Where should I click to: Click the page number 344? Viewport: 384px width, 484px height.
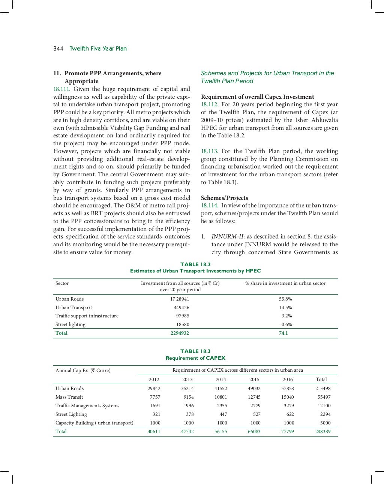[x=58, y=49]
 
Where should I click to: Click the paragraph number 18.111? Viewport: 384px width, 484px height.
[x=62, y=89]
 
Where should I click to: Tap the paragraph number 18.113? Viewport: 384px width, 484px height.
[x=209, y=151]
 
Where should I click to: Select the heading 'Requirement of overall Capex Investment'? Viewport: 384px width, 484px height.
[x=257, y=97]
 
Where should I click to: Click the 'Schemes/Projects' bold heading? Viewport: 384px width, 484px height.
[x=224, y=198]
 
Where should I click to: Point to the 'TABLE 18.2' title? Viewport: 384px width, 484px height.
[x=195, y=264]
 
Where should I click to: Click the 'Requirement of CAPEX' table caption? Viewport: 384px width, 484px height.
[x=195, y=358]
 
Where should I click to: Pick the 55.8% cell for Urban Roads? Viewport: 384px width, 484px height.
[x=285, y=299]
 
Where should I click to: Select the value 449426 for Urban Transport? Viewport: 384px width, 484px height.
[x=181, y=308]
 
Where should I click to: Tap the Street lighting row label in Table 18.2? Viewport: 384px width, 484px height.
[x=70, y=325]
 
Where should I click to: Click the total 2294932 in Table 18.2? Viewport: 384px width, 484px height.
[x=180, y=333]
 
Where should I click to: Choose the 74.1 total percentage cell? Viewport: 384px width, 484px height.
[x=283, y=333]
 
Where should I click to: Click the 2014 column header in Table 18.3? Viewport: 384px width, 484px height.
[x=221, y=379]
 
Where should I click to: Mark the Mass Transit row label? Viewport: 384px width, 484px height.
[x=69, y=397]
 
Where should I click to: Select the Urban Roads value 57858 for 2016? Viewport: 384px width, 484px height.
[x=288, y=389]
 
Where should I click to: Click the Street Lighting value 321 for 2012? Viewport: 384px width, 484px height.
[x=156, y=414]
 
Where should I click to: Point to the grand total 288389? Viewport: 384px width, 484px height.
[x=323, y=432]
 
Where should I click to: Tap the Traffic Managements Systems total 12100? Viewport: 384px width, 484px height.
[x=324, y=406]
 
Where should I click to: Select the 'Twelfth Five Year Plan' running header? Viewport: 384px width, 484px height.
[x=98, y=49]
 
